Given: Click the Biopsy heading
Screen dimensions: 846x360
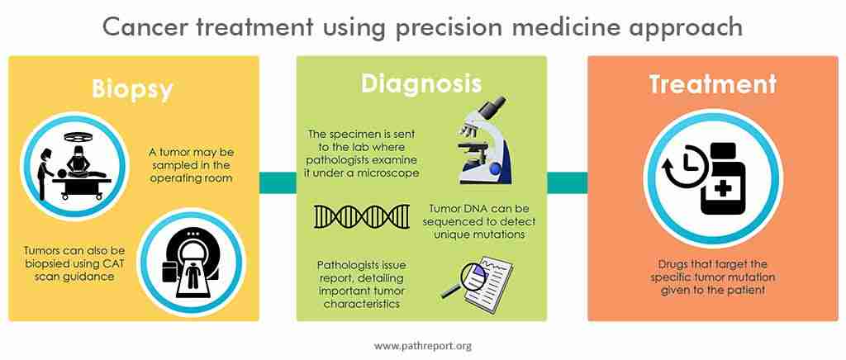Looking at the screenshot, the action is pos(133,89).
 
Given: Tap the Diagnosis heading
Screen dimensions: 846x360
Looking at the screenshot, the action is pos(421,83).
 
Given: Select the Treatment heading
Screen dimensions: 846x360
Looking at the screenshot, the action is pos(713,84).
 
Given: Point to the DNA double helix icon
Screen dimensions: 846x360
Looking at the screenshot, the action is pos(362,216).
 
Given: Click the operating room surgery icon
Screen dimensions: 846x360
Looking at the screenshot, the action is pos(73,164).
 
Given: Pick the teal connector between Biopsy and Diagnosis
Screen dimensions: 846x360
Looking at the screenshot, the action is pos(278,182).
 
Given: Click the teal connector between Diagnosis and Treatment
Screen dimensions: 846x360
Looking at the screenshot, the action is pos(567,182).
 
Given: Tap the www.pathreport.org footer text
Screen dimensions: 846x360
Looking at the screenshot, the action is pos(422,345).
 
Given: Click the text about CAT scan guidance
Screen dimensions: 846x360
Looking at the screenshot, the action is pos(74,263).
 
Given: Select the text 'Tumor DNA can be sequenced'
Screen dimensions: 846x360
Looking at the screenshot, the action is pos(479,215).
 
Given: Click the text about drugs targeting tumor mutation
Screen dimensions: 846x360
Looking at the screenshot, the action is pos(712,277).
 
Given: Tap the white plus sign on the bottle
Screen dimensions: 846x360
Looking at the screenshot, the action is pos(723,188).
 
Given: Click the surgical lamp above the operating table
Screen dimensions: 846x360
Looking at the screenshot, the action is pos(75,137).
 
